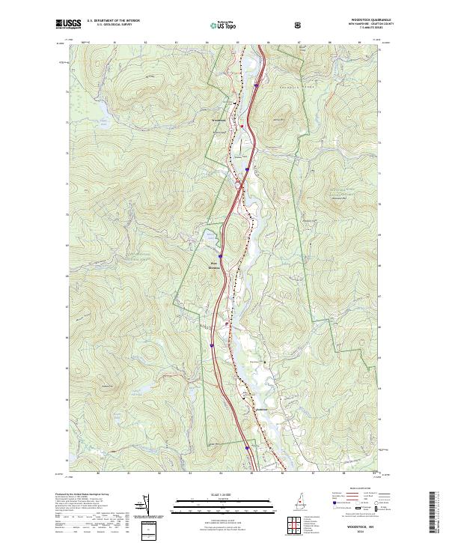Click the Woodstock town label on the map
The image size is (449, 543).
pos(219,120)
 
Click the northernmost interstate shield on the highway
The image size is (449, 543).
pos(256,85)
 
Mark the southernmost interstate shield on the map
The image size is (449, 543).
pos(248,447)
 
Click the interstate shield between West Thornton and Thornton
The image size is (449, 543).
pos(213,346)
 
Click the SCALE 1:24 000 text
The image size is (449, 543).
pos(202,493)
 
